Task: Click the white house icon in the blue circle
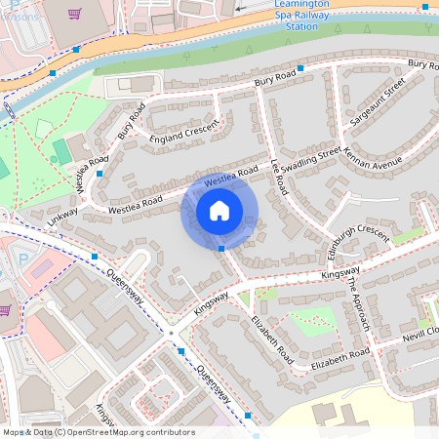219,211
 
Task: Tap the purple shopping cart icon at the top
75,14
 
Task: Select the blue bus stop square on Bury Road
300,68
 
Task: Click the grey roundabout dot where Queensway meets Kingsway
171,333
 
